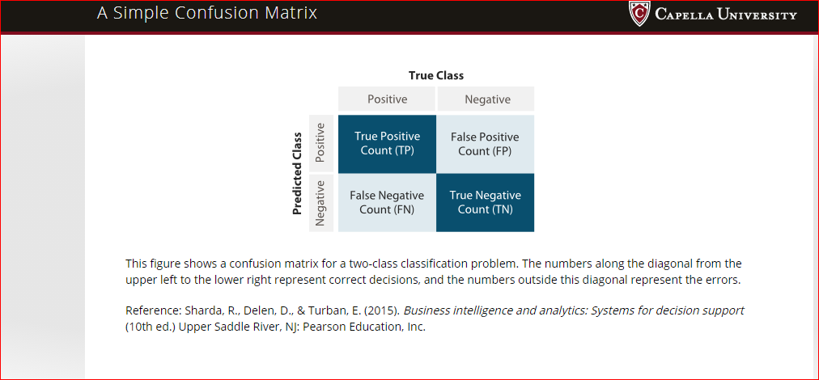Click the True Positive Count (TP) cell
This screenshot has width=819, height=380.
387,144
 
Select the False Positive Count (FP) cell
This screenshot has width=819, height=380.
486,144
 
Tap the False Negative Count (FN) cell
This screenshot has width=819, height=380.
387,202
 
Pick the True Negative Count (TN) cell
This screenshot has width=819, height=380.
486,202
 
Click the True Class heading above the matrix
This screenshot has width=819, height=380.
436,76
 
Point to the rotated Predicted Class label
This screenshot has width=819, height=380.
297,173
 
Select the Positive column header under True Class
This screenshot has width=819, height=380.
387,99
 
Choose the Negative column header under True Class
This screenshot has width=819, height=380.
487,99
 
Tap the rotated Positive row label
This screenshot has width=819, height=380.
320,144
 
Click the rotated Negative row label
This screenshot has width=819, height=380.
320,202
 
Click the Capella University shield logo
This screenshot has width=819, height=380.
639,14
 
